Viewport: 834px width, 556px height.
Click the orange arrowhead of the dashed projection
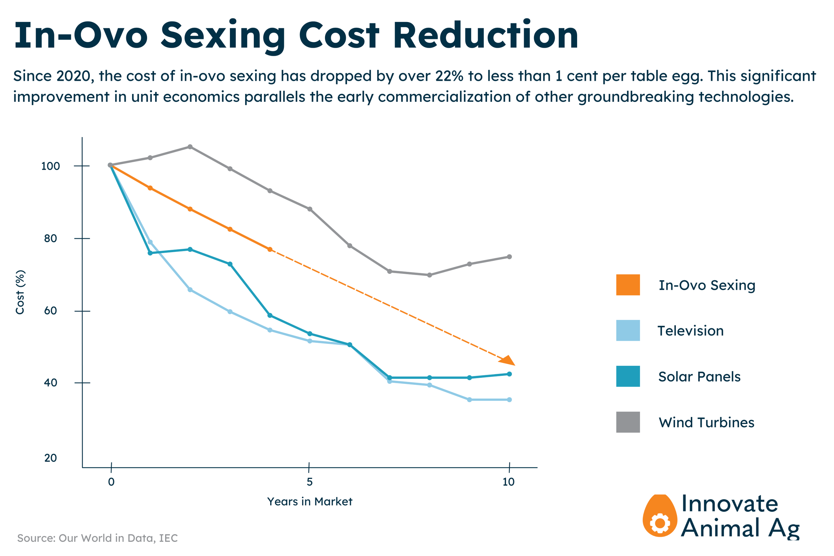[x=508, y=361]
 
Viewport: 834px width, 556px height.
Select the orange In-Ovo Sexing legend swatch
[x=628, y=285]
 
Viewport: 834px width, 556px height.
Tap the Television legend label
[x=691, y=331]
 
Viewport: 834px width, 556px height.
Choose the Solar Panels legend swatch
[x=628, y=376]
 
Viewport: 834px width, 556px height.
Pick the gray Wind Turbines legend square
[x=628, y=422]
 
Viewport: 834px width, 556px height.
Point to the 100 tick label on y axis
[x=50, y=166]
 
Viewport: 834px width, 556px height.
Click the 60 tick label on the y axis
[x=50, y=311]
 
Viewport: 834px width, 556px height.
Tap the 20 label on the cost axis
[x=50, y=458]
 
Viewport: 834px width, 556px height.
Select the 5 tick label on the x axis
[x=310, y=482]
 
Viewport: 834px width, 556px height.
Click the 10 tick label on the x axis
[x=508, y=482]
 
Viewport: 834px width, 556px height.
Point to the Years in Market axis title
[x=310, y=502]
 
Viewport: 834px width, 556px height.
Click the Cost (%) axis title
[x=20, y=292]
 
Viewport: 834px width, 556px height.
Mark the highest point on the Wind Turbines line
[x=190, y=147]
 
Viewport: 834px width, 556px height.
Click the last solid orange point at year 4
[x=270, y=249]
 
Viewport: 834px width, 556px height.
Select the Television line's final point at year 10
[x=509, y=400]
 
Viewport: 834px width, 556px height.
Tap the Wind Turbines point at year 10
[x=509, y=257]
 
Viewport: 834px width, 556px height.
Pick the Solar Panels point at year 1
[x=150, y=253]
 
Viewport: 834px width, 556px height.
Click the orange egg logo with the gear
[x=660, y=516]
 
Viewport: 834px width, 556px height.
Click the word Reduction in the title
[x=486, y=35]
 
